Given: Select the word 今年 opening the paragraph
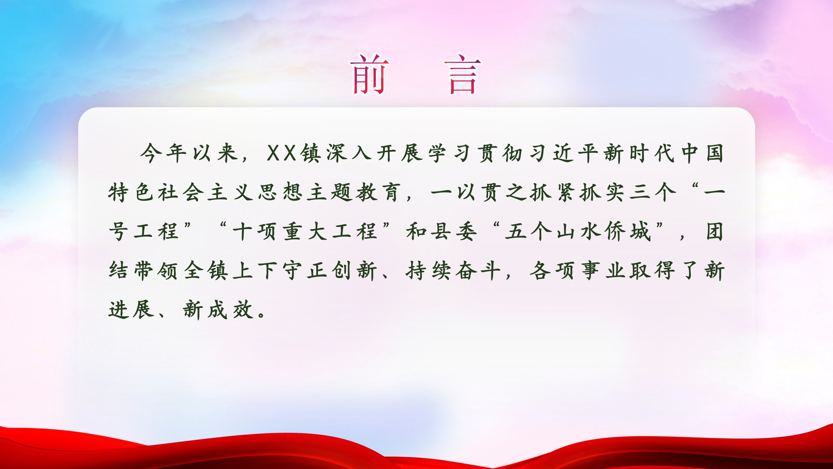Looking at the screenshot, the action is [x=163, y=153].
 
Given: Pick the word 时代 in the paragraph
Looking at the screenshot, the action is [x=652, y=153].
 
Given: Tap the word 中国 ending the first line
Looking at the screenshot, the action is [x=702, y=153].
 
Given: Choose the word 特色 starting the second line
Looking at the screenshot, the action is [x=131, y=192].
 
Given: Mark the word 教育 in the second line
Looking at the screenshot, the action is [x=378, y=192].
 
